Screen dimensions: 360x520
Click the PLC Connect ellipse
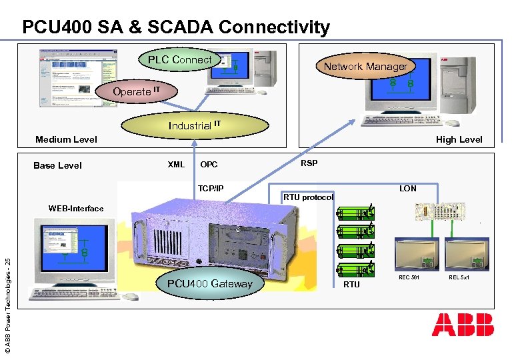[x=179, y=60]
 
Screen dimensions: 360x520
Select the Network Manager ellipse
[x=365, y=66]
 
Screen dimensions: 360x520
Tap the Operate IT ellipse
[x=136, y=91]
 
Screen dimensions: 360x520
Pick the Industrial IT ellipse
[x=194, y=125]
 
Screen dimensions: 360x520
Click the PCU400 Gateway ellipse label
[x=210, y=284]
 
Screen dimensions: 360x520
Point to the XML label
[x=176, y=164]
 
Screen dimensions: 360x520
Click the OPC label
[x=209, y=165]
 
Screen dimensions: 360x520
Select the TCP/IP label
[x=211, y=189]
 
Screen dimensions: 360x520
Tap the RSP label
[x=309, y=163]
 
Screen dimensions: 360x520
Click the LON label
[x=407, y=189]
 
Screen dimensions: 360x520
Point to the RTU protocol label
[x=308, y=197]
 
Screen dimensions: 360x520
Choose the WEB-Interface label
[x=76, y=209]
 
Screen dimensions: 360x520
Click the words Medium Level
[x=66, y=139]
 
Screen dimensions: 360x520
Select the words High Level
[x=459, y=139]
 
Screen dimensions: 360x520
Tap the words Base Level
[x=57, y=165]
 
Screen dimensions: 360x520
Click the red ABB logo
[x=463, y=325]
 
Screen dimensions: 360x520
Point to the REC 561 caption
[x=409, y=277]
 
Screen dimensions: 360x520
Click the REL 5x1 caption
[x=459, y=277]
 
